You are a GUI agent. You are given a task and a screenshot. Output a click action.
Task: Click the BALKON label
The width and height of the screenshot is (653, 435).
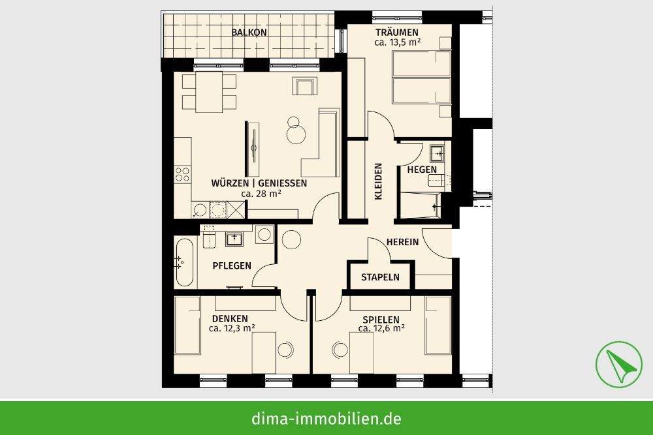[249, 32]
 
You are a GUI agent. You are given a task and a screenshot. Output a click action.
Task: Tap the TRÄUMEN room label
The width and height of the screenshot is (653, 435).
[397, 32]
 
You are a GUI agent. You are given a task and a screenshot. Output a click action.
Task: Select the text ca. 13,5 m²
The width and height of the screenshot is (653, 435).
[397, 42]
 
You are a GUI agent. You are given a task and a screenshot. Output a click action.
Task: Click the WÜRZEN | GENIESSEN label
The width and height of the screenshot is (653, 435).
[259, 183]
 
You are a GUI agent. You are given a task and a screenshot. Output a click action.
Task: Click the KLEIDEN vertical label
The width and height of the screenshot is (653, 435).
[377, 181]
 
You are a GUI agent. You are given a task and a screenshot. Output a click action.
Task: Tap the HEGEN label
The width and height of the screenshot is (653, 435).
[422, 170]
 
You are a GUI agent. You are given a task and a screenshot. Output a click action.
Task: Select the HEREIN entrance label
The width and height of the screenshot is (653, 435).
[403, 241]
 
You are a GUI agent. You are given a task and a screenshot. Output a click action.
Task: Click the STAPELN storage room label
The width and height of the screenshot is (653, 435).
[380, 277]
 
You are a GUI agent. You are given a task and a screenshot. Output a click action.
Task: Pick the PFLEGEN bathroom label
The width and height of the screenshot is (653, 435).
[232, 265]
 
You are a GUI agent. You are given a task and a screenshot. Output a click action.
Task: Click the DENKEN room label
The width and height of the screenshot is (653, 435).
[230, 318]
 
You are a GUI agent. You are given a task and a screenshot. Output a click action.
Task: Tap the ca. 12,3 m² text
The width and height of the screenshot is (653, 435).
[232, 329]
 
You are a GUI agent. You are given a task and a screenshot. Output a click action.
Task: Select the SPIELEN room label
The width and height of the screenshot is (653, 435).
[381, 320]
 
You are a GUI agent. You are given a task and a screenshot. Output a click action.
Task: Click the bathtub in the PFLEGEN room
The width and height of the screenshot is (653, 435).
[184, 262]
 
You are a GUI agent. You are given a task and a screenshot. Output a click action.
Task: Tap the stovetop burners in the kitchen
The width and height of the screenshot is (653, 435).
[183, 174]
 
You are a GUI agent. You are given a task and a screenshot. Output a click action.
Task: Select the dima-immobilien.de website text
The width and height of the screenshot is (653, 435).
[326, 418]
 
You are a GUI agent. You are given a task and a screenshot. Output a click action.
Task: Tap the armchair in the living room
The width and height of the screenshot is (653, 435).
[304, 86]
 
